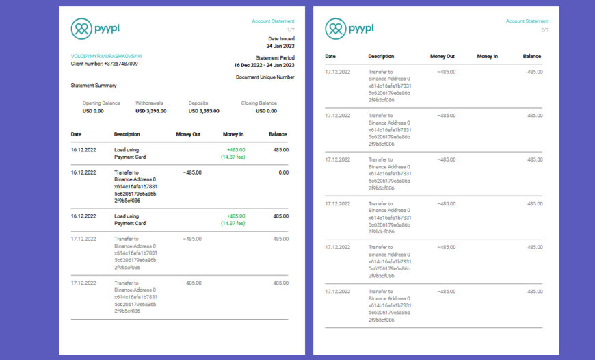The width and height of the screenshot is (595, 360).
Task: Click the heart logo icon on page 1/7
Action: click(81, 28)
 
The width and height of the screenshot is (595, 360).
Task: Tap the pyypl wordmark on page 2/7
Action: click(361, 28)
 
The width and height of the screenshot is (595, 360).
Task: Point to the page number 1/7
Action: click(291, 30)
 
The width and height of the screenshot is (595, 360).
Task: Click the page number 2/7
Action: click(545, 30)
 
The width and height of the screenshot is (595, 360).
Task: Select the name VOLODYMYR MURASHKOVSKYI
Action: click(106, 56)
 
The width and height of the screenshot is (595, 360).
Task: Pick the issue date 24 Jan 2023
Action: click(280, 46)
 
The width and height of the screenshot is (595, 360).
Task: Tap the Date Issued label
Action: click(281, 38)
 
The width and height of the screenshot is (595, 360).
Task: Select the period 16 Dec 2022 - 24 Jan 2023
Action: click(264, 65)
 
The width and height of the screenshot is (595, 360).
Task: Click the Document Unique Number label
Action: click(265, 77)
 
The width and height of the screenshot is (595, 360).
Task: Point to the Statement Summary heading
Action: click(94, 86)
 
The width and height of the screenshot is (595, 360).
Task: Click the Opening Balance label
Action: click(101, 103)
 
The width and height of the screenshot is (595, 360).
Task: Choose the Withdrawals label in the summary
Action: click(150, 103)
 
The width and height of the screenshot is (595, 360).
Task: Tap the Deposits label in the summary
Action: click(198, 103)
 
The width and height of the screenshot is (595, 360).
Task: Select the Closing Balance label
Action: click(259, 103)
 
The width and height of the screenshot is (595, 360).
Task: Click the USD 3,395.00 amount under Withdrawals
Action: click(151, 110)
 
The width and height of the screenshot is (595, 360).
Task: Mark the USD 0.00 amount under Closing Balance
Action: click(266, 110)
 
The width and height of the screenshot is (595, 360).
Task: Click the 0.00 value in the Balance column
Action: click(283, 172)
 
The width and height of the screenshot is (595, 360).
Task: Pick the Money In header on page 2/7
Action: click(488, 56)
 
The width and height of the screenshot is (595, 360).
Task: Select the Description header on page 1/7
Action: click(127, 134)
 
